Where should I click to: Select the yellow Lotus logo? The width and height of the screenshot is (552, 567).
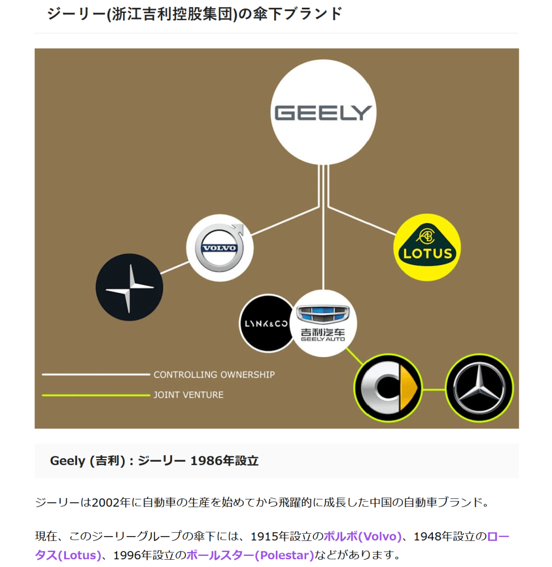(x=427, y=248)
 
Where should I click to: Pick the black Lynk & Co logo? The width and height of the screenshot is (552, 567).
(x=266, y=323)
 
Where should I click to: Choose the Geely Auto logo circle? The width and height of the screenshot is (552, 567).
(x=323, y=323)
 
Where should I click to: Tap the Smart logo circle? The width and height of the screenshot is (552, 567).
(x=388, y=388)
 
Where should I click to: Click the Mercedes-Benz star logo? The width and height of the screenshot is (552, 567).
(x=479, y=388)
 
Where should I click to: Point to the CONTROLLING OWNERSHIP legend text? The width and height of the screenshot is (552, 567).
(x=214, y=375)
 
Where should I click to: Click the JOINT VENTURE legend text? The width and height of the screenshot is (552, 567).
(x=188, y=395)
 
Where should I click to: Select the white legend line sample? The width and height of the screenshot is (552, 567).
(x=96, y=375)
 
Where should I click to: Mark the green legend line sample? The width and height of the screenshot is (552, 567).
(x=96, y=395)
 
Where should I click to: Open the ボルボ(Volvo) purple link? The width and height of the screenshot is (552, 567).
(x=362, y=537)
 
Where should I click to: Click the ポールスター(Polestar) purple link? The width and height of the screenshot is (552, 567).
(x=250, y=555)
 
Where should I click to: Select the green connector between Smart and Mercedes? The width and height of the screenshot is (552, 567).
(x=434, y=389)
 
